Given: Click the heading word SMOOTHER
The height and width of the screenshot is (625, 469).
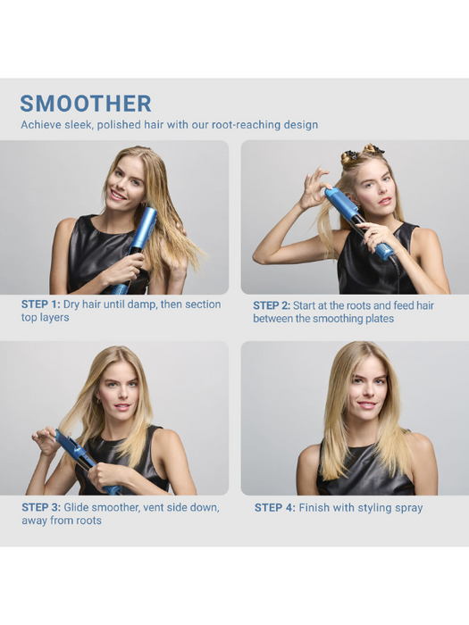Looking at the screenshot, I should pos(86,104).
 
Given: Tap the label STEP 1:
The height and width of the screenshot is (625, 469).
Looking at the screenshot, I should pos(41,304).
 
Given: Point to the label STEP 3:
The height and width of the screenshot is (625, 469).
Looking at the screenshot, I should pos(41,507).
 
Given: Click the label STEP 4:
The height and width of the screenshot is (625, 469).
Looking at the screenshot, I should pos(274,508).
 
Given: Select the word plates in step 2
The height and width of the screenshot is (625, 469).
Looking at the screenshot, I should pos(375,319).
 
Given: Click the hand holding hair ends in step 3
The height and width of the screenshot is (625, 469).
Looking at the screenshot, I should pos(45,439).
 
